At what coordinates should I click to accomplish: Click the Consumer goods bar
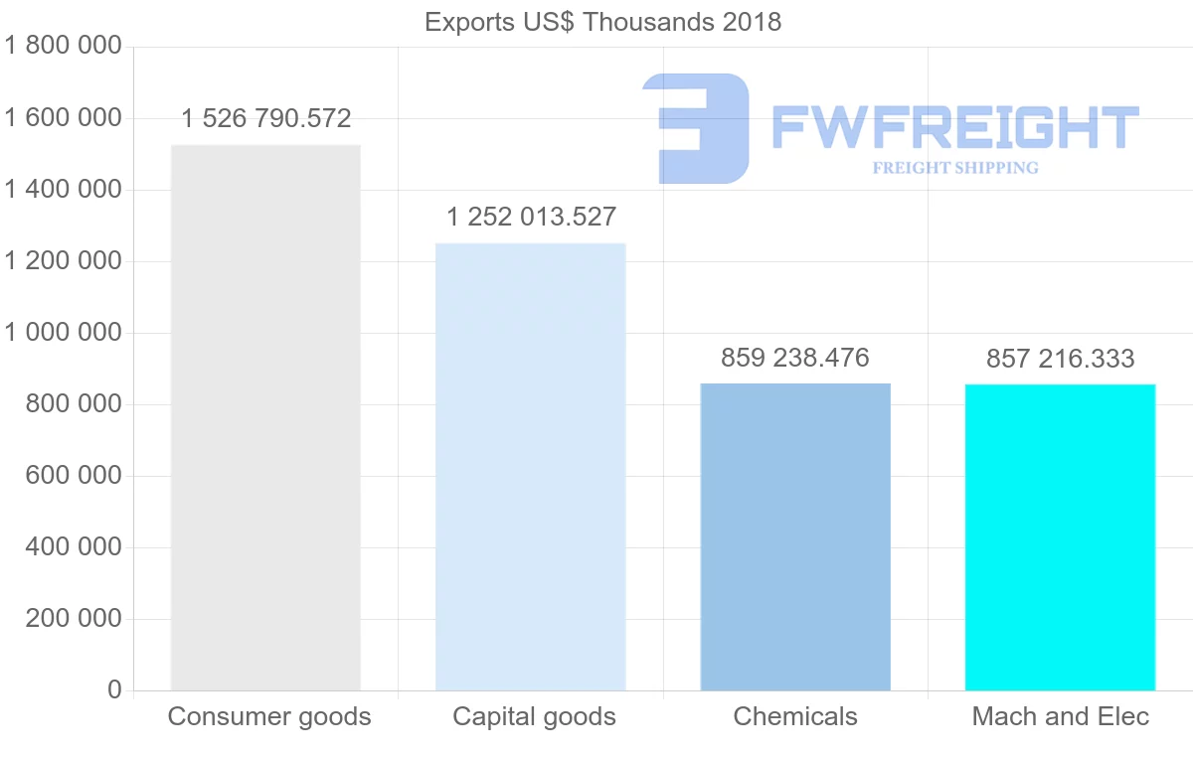coord(265,417)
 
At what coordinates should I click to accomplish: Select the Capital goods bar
coord(531,467)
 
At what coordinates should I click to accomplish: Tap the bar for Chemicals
coord(795,536)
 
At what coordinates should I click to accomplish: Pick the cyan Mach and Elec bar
coord(1060,536)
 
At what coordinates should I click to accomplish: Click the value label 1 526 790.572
coord(266,119)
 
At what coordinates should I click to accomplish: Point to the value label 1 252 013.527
coord(532,217)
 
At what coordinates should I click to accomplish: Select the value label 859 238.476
coord(795,358)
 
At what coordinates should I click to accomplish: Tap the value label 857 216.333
coord(1060,359)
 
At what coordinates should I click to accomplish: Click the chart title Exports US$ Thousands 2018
coord(602,22)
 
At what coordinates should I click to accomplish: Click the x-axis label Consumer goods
coord(269,716)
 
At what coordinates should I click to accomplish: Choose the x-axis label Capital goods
coord(534,716)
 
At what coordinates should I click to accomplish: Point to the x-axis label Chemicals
coord(795,716)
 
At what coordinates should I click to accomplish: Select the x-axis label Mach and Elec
coord(1060,716)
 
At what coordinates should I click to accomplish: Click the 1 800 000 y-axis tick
coord(63,47)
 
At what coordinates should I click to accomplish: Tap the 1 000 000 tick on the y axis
coord(63,333)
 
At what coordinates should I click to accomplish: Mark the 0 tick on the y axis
coord(114,690)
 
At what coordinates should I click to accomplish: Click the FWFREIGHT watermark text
coord(954,128)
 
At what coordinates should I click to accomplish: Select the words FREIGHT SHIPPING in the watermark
coord(955,168)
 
